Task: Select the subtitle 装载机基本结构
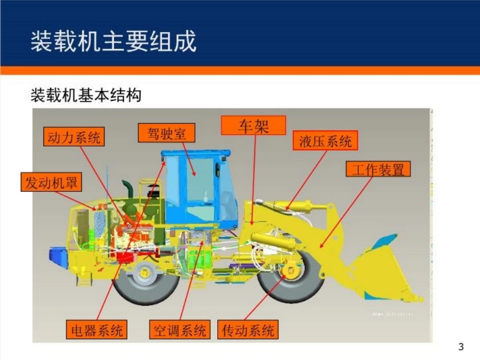tap(86, 95)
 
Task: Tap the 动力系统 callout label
tap(74, 136)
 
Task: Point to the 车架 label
tap(254, 125)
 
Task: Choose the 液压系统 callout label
tap(325, 141)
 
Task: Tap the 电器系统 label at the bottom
tap(97, 330)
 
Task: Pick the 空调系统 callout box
tap(179, 330)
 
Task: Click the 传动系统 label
tap(248, 330)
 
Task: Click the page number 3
tap(460, 347)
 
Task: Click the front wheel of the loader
tap(291, 277)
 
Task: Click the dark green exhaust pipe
tap(128, 194)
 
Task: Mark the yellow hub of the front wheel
tap(290, 271)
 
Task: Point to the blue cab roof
tap(195, 152)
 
